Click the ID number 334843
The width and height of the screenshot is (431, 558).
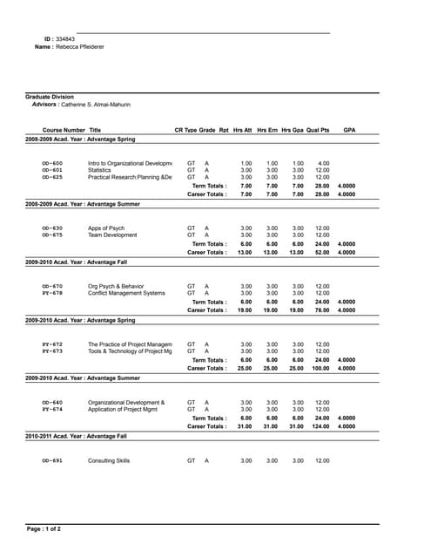click(64, 39)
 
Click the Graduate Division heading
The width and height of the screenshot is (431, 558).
click(50, 97)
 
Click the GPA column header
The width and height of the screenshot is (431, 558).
click(349, 129)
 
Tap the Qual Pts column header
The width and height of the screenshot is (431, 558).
click(318, 129)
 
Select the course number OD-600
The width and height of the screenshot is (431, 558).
click(52, 163)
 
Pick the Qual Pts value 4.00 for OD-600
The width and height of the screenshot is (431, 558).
click(323, 163)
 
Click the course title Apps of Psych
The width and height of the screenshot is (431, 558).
click(106, 228)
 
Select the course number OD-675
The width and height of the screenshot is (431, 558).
click(52, 235)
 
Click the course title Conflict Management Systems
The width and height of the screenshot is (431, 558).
click(126, 293)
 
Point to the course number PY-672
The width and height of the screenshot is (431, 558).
click(52, 344)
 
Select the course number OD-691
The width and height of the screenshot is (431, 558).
click(52, 459)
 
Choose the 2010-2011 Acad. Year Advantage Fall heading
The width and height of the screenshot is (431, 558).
click(76, 435)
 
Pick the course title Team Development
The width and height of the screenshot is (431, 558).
click(112, 235)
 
